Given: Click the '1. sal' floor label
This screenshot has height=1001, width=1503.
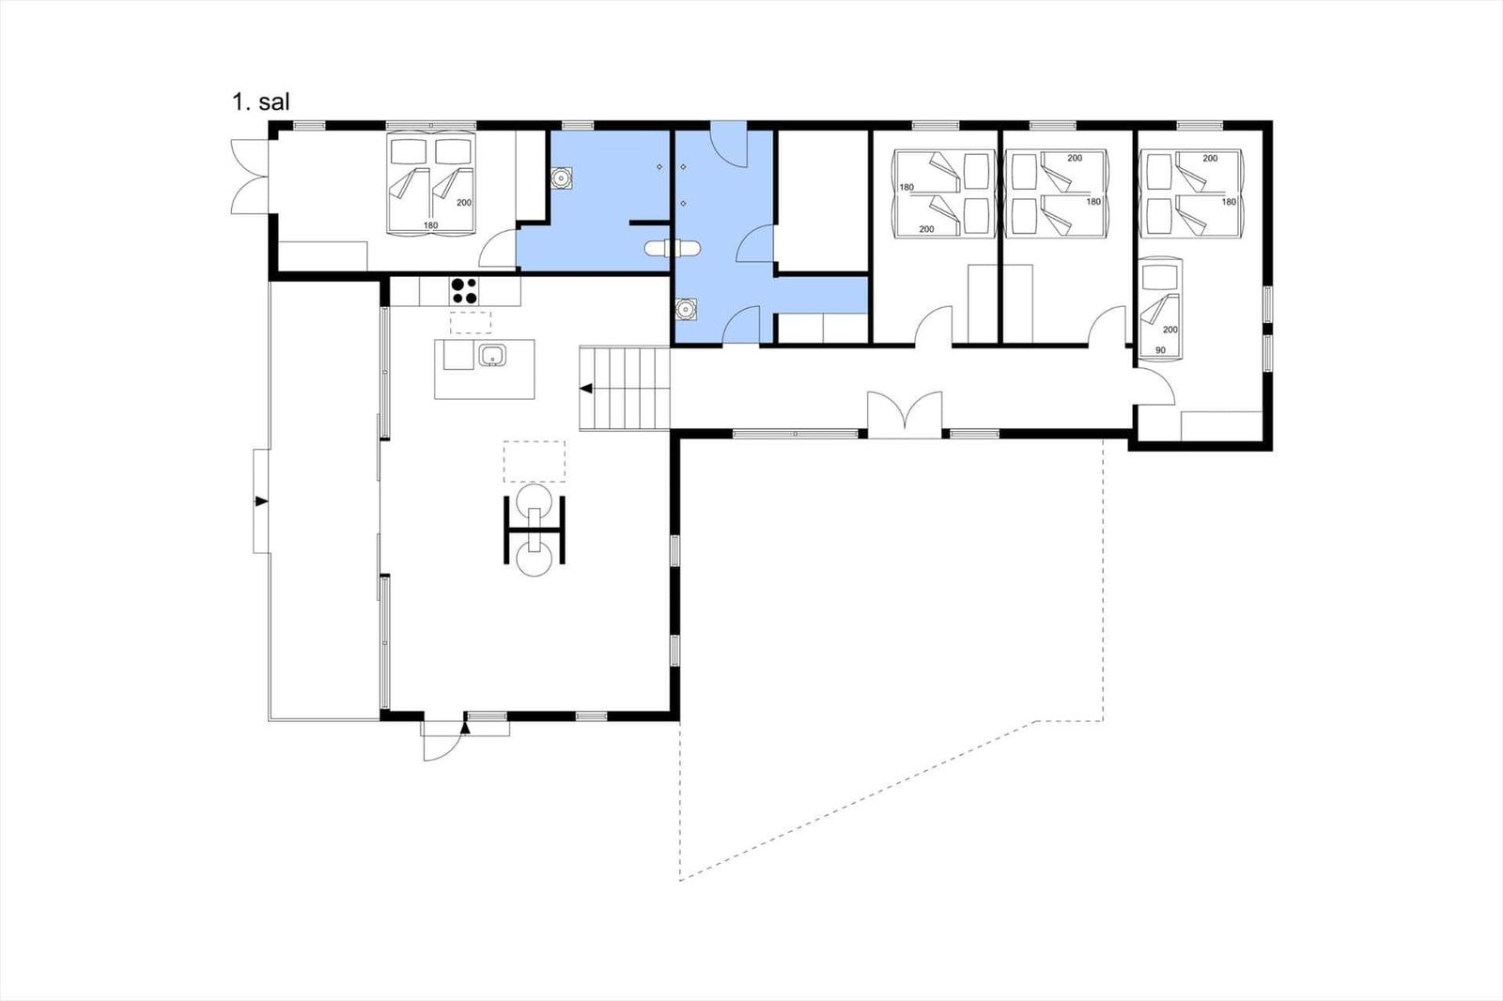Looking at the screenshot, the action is coord(261,102).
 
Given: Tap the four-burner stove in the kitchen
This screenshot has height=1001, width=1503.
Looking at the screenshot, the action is coord(464,291).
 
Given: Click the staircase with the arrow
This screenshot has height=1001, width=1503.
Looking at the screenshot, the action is coord(625,389).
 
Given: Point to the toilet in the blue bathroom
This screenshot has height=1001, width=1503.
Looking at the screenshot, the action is coord(673,249).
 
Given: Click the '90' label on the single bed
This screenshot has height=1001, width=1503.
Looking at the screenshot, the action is coord(1160,350).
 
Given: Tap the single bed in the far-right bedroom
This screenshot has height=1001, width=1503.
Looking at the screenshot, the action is coord(1161,309).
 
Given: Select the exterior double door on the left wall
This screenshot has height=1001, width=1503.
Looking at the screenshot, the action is coord(250,177).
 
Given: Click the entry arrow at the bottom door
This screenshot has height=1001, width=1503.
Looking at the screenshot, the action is coord(464,728).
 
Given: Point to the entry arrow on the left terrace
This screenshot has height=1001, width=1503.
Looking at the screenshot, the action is coord(261,501).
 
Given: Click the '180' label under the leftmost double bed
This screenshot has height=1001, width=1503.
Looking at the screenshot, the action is coord(431,225).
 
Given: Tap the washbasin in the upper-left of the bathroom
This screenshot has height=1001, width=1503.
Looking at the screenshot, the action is coord(561,177).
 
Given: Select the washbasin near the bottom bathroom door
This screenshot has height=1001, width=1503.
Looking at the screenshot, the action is coord(686,309).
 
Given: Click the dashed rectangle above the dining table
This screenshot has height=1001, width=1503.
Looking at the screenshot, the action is coord(535,462).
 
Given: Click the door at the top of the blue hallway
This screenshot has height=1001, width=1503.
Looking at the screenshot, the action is coord(729,145).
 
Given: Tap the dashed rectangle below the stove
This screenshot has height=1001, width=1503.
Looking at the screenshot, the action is coord(471,322).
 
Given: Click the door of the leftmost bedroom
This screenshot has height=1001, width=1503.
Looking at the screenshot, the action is coord(497,248).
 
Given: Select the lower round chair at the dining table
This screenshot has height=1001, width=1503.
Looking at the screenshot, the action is coord(535,558).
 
